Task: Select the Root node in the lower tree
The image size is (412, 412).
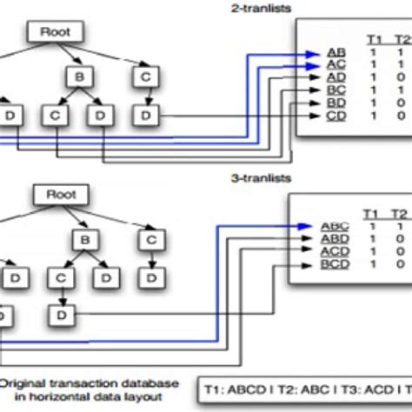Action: [x=60, y=196]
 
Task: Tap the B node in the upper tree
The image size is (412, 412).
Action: [x=78, y=77]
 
